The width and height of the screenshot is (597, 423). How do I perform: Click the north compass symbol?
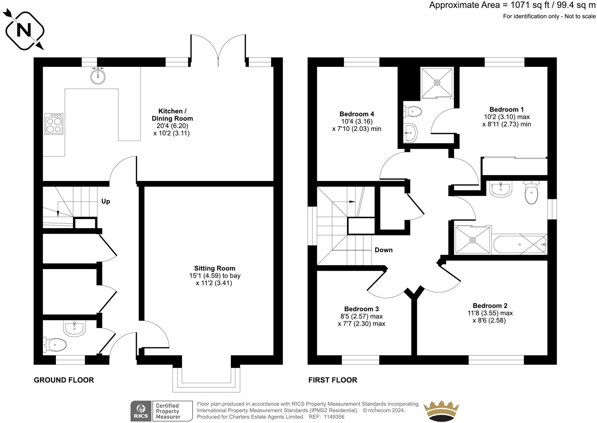point(24,30)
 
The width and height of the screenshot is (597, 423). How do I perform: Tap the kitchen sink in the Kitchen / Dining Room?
point(98,76)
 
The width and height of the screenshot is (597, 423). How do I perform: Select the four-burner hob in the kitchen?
point(54,123)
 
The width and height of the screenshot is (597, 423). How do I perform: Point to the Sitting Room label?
point(214,268)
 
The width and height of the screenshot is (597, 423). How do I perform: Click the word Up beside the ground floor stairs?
point(105,202)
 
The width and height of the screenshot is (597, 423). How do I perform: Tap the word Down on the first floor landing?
point(383,250)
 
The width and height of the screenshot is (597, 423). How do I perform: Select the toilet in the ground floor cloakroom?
point(55,344)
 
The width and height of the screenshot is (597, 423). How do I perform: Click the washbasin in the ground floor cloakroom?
point(75,329)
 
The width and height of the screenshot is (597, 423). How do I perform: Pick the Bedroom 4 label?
point(356,114)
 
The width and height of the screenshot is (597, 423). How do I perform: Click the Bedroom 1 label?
point(506,110)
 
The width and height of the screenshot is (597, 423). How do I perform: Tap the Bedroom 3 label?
point(361,309)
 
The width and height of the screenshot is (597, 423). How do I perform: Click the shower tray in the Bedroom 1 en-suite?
point(437,82)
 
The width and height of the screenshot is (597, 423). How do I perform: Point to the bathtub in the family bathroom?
point(520,245)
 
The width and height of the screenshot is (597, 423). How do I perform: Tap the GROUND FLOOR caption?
point(64,380)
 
